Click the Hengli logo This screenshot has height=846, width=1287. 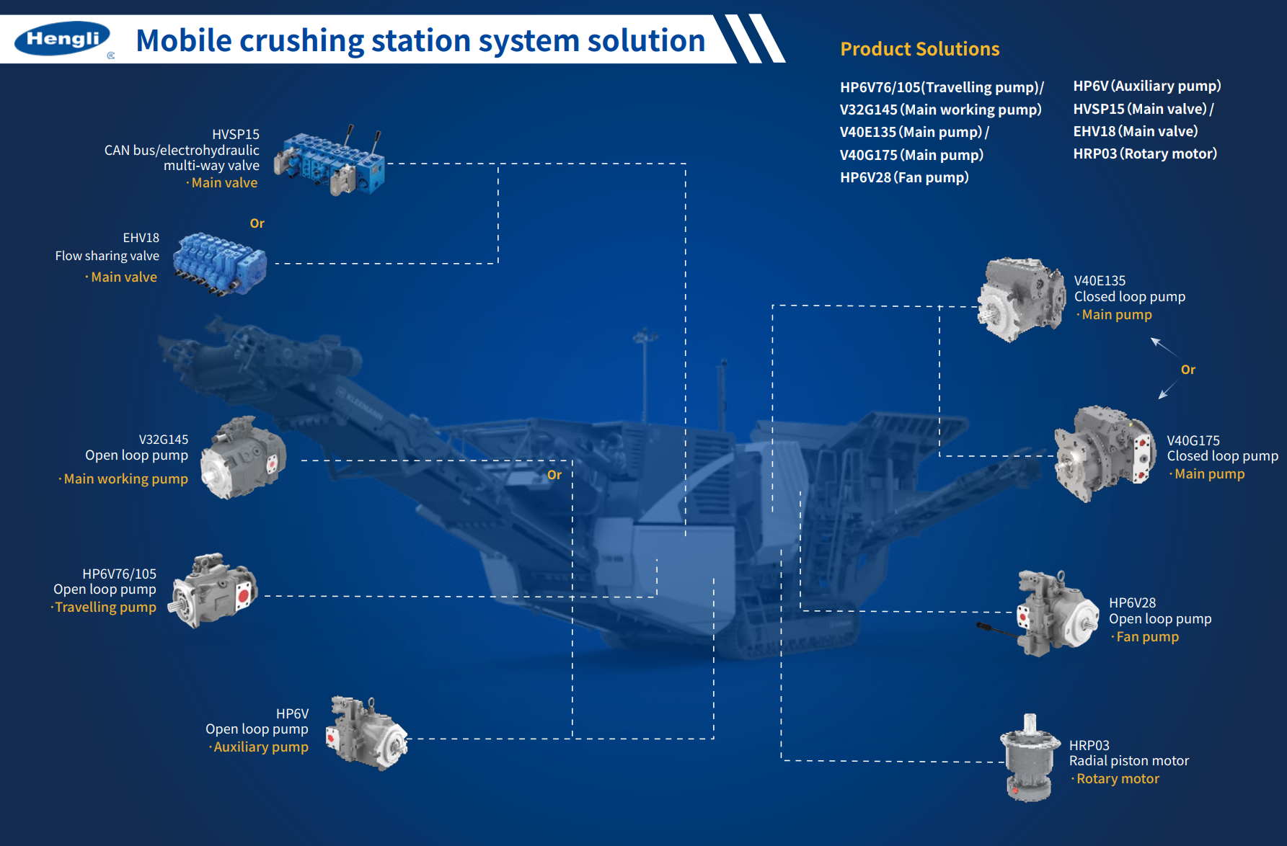click(63, 39)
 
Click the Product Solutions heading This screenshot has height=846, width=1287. click(919, 49)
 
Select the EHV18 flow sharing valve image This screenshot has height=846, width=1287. click(221, 263)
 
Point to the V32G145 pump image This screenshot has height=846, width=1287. click(243, 458)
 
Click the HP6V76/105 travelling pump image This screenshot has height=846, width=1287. click(213, 590)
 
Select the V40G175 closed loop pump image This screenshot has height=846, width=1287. click(1104, 453)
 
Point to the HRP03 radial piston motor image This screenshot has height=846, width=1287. click(1029, 759)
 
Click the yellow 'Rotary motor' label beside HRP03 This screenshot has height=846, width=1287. click(1118, 779)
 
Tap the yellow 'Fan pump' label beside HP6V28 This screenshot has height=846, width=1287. click(1147, 637)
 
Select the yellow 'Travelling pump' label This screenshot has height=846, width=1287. click(105, 607)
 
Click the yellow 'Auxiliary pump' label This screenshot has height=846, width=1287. click(260, 747)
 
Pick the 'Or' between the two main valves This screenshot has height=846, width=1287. click(257, 223)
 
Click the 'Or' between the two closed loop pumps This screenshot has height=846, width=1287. click(1188, 370)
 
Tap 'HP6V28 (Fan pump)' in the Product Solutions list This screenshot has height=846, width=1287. click(904, 177)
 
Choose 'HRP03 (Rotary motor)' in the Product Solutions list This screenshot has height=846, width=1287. click(1144, 153)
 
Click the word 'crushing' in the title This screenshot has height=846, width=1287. click(301, 40)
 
